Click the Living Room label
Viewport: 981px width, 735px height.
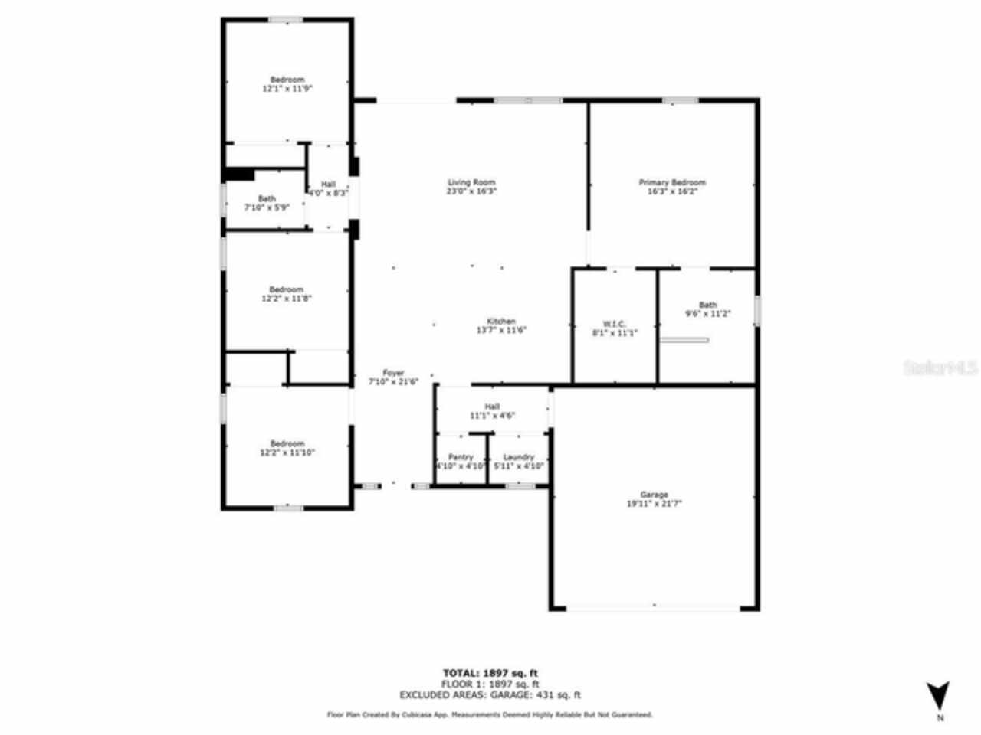[x=471, y=187]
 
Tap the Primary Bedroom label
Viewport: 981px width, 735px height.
[x=672, y=187]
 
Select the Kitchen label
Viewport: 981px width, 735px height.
[x=501, y=325]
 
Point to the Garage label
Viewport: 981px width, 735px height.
[x=654, y=499]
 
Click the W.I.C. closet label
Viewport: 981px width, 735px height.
[x=615, y=328]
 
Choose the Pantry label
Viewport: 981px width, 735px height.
[x=461, y=461]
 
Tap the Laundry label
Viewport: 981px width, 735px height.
[x=519, y=461]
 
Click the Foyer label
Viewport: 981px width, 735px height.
[x=393, y=377]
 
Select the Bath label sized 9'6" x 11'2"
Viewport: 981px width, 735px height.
[x=707, y=309]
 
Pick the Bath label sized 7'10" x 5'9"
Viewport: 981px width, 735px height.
[x=267, y=203]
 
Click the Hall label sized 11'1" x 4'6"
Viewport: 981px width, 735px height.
[x=492, y=411]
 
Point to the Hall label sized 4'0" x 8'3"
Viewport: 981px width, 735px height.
[x=328, y=188]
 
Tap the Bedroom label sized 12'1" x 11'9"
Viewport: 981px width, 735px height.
[x=287, y=83]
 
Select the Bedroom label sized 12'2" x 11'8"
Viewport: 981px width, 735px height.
[x=287, y=294]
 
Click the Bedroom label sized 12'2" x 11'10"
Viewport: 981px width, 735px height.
[x=287, y=448]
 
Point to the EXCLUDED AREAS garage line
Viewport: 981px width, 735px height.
[x=490, y=695]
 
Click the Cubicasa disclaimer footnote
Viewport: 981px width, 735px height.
[x=490, y=714]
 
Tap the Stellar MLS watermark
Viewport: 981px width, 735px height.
[x=940, y=367]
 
